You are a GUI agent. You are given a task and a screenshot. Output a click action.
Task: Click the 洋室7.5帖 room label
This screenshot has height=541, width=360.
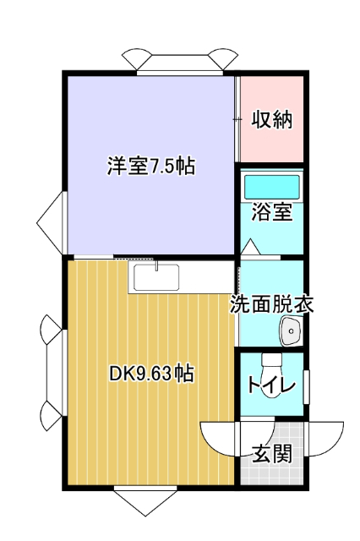[x=150, y=166]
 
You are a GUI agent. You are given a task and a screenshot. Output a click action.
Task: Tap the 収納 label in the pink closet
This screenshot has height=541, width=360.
[x=272, y=119]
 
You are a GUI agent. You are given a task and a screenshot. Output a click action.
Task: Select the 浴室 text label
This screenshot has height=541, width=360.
[x=272, y=211]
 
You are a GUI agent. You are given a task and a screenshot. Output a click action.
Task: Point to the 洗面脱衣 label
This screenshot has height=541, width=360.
[x=272, y=304]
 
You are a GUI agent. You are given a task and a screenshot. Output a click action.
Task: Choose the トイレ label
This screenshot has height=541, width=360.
[x=271, y=386]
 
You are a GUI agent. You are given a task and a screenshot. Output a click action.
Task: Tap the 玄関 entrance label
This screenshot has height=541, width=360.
[x=272, y=453]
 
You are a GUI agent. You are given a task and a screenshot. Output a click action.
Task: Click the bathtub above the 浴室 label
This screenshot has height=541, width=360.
[x=272, y=185]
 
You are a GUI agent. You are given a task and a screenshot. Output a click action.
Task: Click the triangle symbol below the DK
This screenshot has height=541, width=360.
[x=143, y=502]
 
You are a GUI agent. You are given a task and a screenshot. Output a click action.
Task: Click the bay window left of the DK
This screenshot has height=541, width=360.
[x=52, y=372]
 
